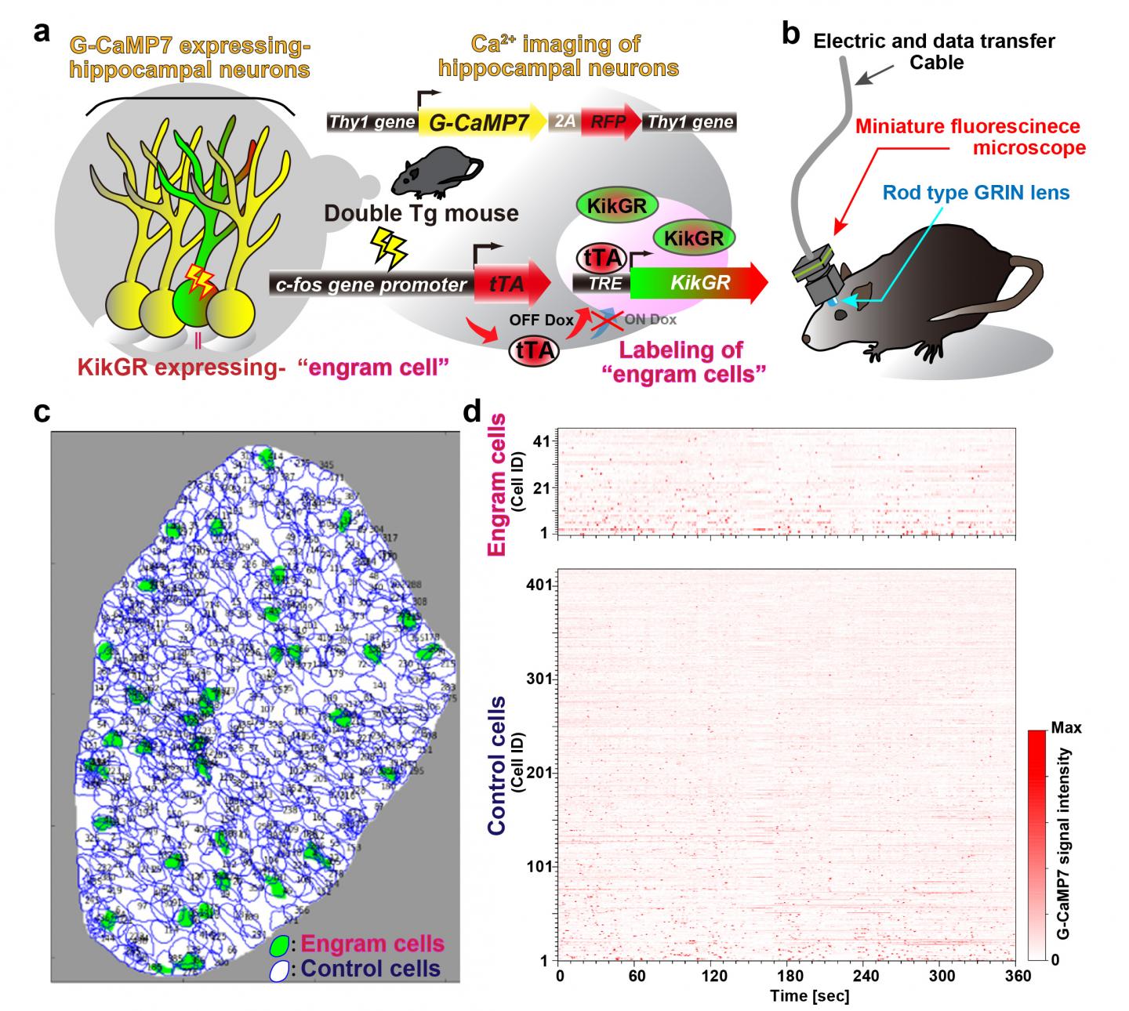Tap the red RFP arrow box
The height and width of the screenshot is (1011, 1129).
tap(609, 121)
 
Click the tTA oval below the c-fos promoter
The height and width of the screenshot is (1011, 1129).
tap(534, 350)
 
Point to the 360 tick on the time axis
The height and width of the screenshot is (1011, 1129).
tap(1018, 976)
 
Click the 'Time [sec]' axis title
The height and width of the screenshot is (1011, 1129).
tap(788, 996)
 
